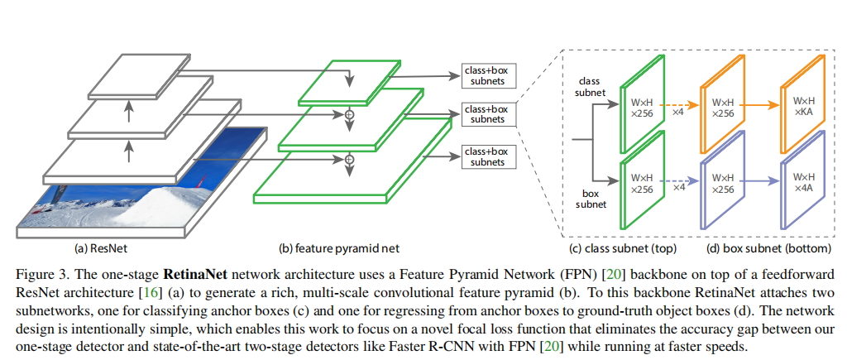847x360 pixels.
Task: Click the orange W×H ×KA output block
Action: pyautogui.click(x=803, y=106)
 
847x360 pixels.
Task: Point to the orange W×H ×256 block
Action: pyautogui.click(x=723, y=106)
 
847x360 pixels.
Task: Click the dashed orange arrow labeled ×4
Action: pyautogui.click(x=678, y=106)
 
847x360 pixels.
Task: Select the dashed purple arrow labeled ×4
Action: pyautogui.click(x=678, y=183)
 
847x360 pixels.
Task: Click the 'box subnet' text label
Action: pyautogui.click(x=589, y=198)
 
